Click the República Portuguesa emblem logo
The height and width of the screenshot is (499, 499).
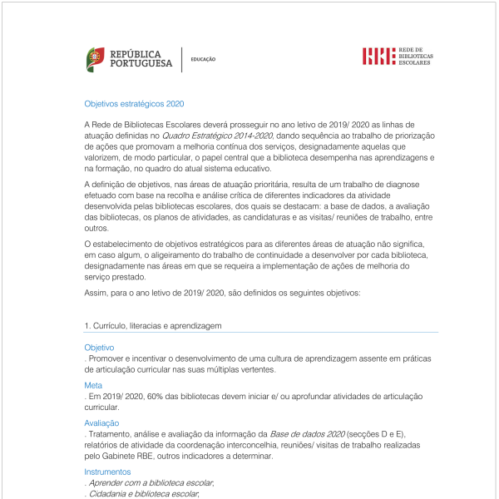click(x=96, y=59)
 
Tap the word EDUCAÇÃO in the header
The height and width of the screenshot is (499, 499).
click(x=203, y=60)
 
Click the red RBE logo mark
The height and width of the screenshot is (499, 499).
click(x=378, y=57)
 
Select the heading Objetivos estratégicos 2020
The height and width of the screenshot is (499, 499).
click(x=134, y=105)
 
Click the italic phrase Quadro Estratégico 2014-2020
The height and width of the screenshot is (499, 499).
click(x=217, y=134)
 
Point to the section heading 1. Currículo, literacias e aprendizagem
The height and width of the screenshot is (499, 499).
click(x=153, y=325)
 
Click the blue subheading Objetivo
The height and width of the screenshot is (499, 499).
click(x=99, y=347)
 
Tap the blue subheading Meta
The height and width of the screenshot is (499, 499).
click(x=93, y=385)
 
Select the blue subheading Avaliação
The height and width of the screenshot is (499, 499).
click(x=101, y=423)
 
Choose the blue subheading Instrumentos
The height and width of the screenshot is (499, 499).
click(x=107, y=472)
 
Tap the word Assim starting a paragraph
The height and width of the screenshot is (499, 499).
click(x=96, y=294)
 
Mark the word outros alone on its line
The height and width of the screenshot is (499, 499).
click(x=96, y=227)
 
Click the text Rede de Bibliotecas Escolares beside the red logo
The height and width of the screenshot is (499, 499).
click(x=416, y=57)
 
